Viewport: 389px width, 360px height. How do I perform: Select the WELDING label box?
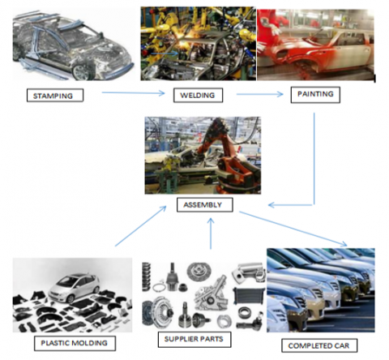coord(196,96)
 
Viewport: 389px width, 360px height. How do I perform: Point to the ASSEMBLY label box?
coord(204,205)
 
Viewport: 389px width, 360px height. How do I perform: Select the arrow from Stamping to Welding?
coord(135,95)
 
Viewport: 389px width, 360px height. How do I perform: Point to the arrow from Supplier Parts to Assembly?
coord(211,235)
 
